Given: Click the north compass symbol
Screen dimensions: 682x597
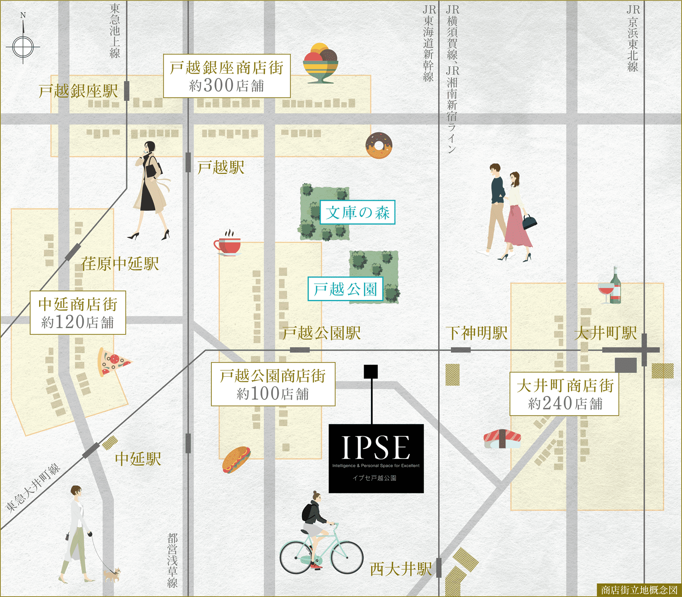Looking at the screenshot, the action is pos(23,46).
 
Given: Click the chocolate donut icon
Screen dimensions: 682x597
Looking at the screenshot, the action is pos(379,145).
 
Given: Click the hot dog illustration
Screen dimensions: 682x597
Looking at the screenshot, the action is pos(236,460).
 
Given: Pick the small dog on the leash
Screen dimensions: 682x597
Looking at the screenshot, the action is pos(112,575).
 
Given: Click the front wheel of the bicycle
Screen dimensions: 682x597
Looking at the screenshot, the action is pos(347,557).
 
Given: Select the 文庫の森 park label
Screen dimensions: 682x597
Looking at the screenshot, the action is pos(358,212).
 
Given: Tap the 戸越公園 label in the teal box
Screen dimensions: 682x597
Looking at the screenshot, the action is pos(345,289).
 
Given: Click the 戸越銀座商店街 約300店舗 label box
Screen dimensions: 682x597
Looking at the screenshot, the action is pos(227,76).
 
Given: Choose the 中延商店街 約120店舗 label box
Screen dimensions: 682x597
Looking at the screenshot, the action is pos(78,312).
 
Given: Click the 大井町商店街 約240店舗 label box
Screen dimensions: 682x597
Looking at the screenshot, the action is pos(564,394).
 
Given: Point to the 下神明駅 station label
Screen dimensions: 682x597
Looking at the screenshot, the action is pos(477,333).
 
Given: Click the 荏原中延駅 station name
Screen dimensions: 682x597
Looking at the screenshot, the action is pos(120,264).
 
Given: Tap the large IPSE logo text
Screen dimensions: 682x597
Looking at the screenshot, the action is pos(376,447).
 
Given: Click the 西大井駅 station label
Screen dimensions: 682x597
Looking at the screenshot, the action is pos(401,569).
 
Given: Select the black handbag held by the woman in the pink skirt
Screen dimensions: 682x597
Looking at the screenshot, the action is pos(529,222).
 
